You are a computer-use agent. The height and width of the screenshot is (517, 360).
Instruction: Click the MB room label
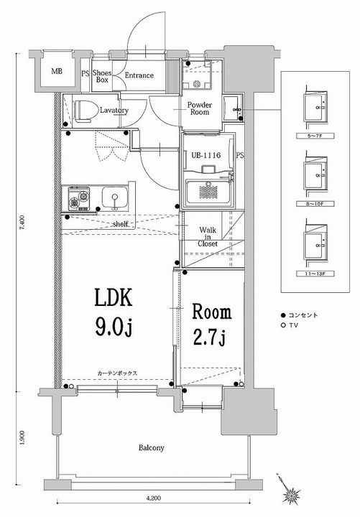[x=55, y=72]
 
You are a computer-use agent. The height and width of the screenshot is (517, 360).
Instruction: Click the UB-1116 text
[x=206, y=154]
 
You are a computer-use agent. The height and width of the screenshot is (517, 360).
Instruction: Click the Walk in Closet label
[x=209, y=236]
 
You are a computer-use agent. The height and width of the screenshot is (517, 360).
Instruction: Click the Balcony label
[x=152, y=448]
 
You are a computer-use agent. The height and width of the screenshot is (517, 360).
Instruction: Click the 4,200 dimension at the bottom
[x=152, y=497]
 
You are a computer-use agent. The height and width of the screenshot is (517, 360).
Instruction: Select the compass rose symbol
[x=292, y=493]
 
